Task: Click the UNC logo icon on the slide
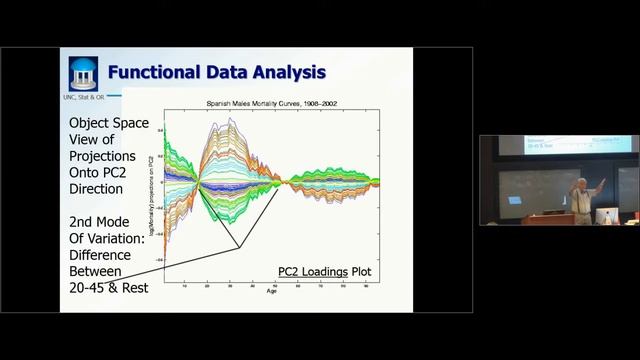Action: pyautogui.click(x=83, y=73)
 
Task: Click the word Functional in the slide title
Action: pyautogui.click(x=152, y=72)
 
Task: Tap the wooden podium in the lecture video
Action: pyautogui.click(x=545, y=218)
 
